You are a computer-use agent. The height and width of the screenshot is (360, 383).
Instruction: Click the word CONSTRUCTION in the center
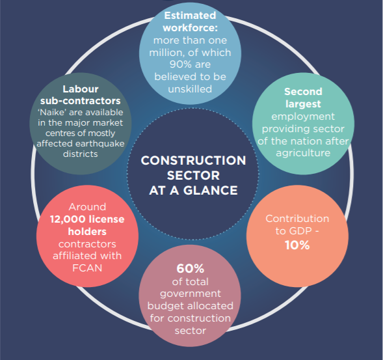click(x=193, y=160)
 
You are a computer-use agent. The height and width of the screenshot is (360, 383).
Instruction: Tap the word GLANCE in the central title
click(x=210, y=190)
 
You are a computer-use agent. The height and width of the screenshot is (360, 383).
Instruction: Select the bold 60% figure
click(x=190, y=268)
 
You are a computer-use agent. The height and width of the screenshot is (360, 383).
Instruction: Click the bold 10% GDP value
click(x=297, y=245)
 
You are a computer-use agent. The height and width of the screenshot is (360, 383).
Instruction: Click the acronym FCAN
click(x=87, y=268)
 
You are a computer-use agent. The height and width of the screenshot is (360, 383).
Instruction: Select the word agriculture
click(x=303, y=154)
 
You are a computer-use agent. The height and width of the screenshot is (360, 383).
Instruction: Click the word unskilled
click(x=190, y=89)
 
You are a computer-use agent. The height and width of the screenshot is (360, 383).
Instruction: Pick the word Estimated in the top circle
click(x=190, y=16)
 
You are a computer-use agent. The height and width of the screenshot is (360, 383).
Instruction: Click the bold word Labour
click(x=81, y=89)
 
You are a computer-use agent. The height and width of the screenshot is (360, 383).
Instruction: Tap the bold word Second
click(x=303, y=92)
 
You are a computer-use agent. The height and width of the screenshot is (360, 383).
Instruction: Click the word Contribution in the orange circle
click(x=297, y=219)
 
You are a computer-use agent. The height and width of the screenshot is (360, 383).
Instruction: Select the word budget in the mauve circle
click(x=163, y=306)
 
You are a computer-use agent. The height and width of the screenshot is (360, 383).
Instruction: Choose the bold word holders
click(x=87, y=232)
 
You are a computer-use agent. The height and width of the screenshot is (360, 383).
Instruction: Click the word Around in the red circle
click(x=87, y=207)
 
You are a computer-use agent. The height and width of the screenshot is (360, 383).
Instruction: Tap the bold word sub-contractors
click(x=81, y=101)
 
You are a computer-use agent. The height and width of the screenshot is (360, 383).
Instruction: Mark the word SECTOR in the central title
click(x=193, y=175)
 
